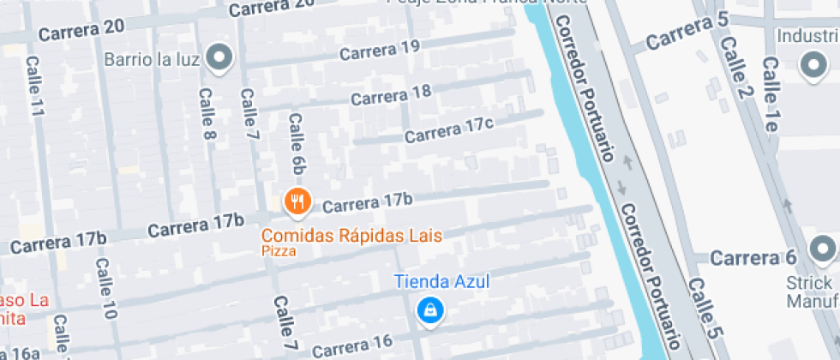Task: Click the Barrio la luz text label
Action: [x=152, y=60]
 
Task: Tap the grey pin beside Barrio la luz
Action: [x=222, y=57]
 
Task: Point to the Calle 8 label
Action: [x=207, y=114]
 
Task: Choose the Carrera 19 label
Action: [x=380, y=50]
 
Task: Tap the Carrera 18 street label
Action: [x=391, y=94]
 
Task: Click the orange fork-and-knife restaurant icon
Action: [x=297, y=201]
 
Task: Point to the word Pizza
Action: [x=279, y=251]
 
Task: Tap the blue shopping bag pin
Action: [x=429, y=310]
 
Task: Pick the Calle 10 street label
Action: [x=105, y=289]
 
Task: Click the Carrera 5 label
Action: [x=687, y=32]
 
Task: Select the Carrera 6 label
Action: [x=754, y=258]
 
